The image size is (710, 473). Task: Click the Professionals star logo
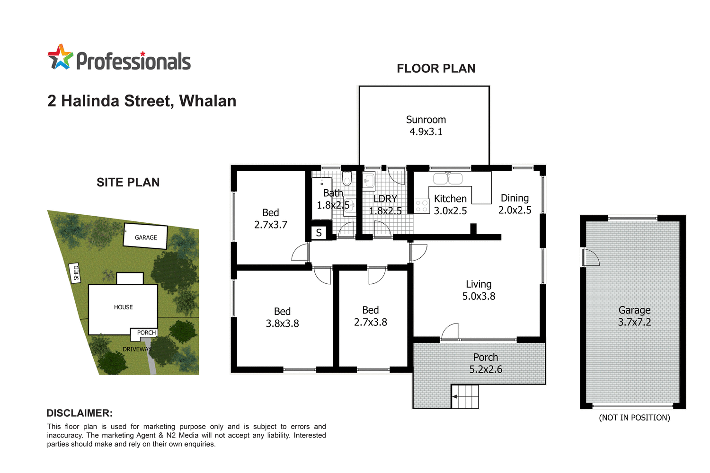coord(60,57)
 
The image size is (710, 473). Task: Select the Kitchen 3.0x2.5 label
coord(450,205)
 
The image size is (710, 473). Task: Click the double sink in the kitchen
coord(448,178)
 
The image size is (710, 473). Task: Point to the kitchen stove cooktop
coord(421,206)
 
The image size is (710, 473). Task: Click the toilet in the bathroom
coord(347,179)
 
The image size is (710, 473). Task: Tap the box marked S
coord(319,233)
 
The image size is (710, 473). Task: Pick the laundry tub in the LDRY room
coord(369,180)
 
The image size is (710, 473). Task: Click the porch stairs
coord(466,396)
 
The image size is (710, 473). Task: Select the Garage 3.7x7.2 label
coord(634,316)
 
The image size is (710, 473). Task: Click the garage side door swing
coord(591,257)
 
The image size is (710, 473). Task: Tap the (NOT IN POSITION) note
coord(634,418)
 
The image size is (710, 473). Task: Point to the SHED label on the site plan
coord(76,273)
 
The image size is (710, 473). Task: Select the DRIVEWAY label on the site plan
coord(137,349)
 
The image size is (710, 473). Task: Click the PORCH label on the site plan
coord(146,333)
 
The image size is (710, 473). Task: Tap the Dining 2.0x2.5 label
coord(515,204)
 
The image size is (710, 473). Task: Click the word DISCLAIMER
coord(80,413)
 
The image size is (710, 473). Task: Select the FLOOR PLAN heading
coord(436,69)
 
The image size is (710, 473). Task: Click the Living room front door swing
coord(450,332)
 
